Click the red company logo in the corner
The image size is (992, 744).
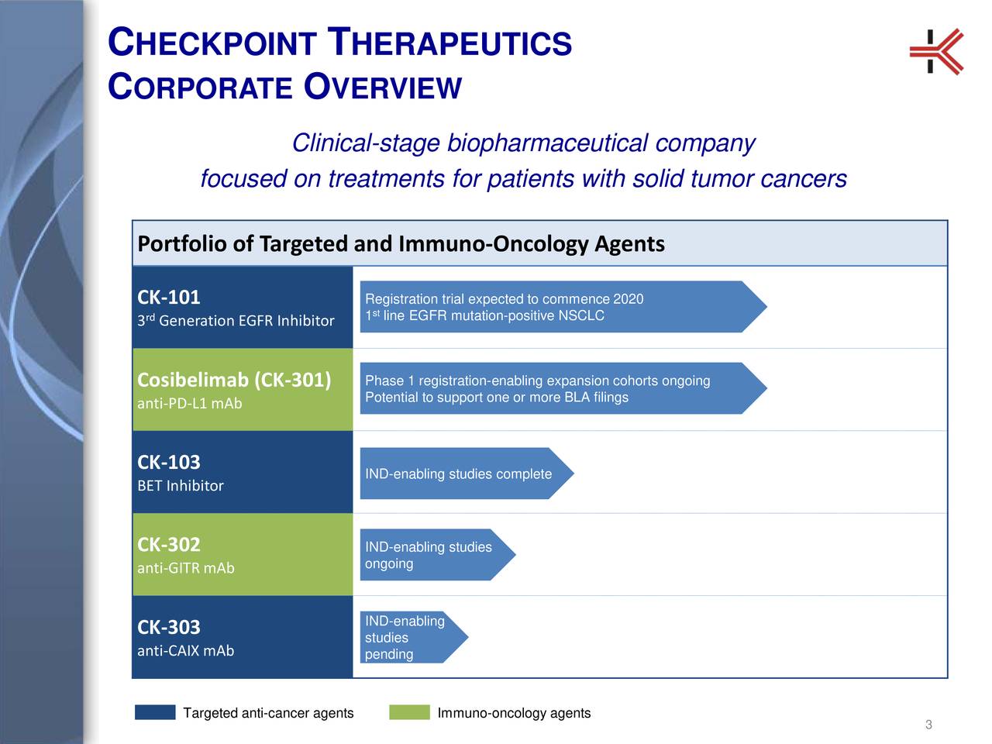click(936, 51)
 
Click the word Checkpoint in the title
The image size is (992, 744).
click(211, 43)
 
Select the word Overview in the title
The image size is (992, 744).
click(383, 87)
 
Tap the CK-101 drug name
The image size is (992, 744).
click(169, 298)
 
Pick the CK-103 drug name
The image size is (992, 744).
click(169, 463)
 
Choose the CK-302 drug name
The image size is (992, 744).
click(169, 545)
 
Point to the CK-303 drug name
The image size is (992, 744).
click(169, 627)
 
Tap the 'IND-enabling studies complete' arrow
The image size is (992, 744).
click(465, 474)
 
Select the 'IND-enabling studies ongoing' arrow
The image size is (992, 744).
click(434, 555)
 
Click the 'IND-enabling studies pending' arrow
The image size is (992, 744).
click(411, 638)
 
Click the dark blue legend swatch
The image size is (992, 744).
click(155, 713)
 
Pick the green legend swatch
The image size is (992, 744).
click(409, 713)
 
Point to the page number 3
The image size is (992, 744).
click(928, 725)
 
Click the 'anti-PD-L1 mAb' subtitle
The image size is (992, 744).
click(190, 404)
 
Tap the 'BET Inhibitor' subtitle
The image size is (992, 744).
click(181, 486)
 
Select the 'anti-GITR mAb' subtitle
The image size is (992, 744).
click(186, 568)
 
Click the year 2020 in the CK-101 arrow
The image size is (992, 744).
click(628, 300)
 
